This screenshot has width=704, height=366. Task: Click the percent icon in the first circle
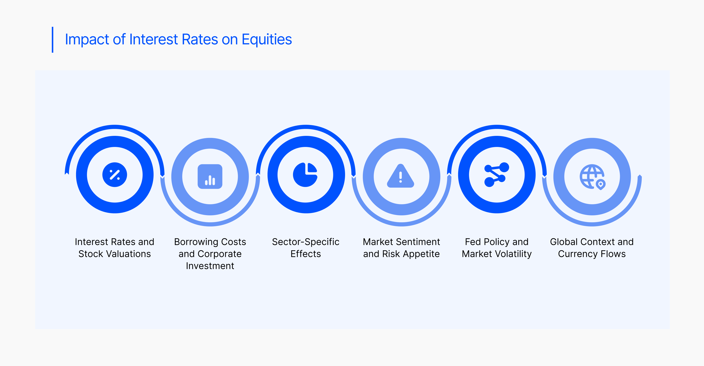click(115, 175)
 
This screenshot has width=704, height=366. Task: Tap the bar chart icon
click(210, 177)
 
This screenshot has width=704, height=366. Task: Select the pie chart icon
click(305, 175)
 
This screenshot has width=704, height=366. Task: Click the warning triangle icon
click(401, 176)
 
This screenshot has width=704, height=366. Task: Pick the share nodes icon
click(497, 175)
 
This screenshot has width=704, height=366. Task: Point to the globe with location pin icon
click(593, 177)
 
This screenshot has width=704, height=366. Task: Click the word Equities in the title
click(267, 40)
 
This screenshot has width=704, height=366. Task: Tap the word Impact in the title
click(87, 40)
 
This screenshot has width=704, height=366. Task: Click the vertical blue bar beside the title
click(52, 40)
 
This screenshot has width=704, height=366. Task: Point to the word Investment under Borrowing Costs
click(210, 266)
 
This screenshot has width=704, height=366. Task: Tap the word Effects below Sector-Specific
click(306, 254)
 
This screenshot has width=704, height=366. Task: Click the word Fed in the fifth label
click(473, 242)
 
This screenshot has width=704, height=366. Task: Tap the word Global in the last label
click(564, 242)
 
